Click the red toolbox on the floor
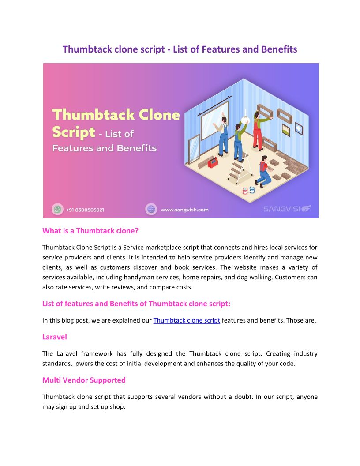tap(213, 162)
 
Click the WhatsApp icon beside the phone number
tap(57, 209)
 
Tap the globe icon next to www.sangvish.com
tap(151, 209)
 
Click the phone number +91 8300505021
tap(85, 210)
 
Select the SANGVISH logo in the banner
tap(287, 209)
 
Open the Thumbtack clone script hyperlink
tap(187, 320)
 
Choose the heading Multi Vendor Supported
tap(84, 380)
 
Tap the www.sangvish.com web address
tap(184, 210)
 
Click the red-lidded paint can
tap(245, 191)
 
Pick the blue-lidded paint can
tap(252, 189)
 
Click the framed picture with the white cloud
tap(299, 128)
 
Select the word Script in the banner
tap(74, 132)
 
